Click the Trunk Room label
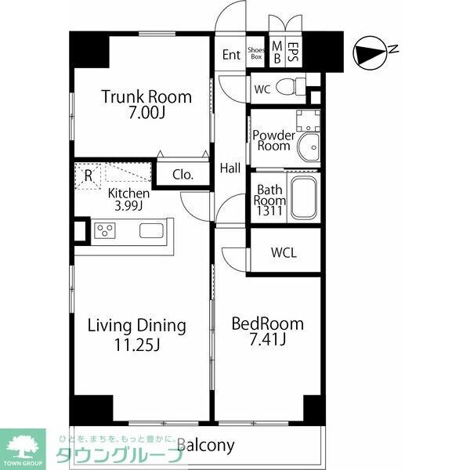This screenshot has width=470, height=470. tap(146, 96)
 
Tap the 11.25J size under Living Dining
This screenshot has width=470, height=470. tap(137, 345)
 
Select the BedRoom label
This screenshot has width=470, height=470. tap(267, 324)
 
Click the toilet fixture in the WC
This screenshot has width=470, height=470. tap(291, 87)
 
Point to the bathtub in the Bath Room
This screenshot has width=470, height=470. tap(304, 198)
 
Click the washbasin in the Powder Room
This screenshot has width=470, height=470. tap(309, 147)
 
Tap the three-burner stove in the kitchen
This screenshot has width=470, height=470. tap(105, 230)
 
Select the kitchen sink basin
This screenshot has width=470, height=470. tap(152, 231)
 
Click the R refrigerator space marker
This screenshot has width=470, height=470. tap(88, 176)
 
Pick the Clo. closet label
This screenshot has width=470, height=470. tap(183, 175)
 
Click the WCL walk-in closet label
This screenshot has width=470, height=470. tap(284, 253)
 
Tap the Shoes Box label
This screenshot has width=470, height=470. tap(256, 53)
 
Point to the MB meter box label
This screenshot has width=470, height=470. tap(277, 52)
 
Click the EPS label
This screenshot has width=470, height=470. tap(293, 52)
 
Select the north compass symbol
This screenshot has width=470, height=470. tap(371, 53)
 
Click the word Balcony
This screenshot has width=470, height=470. tap(205, 446)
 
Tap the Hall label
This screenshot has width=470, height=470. tap(230, 168)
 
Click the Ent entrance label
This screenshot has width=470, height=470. tap(231, 55)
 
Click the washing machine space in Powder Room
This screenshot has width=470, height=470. tap(308, 121)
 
